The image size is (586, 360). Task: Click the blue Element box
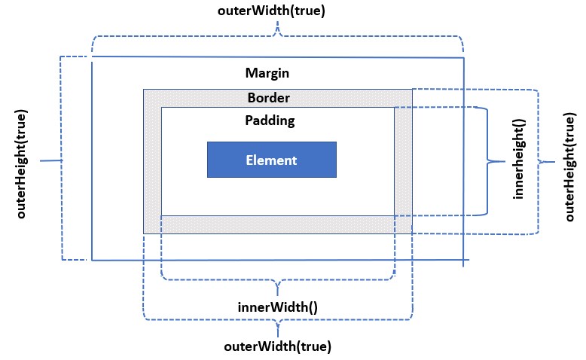[271, 160]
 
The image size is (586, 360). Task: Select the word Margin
[267, 73]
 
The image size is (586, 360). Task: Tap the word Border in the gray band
[268, 98]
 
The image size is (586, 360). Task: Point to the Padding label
[270, 120]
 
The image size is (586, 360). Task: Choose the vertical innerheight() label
[518, 161]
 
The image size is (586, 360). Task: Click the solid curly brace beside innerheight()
[488, 160]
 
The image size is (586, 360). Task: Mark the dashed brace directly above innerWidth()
[278, 280]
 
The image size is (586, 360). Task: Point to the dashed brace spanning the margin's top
[278, 35]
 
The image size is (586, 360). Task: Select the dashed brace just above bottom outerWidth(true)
[278, 320]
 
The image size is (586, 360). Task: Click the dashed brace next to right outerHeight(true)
[538, 161]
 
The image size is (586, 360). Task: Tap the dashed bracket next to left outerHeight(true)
[61, 160]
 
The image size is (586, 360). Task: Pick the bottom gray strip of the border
[277, 224]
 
